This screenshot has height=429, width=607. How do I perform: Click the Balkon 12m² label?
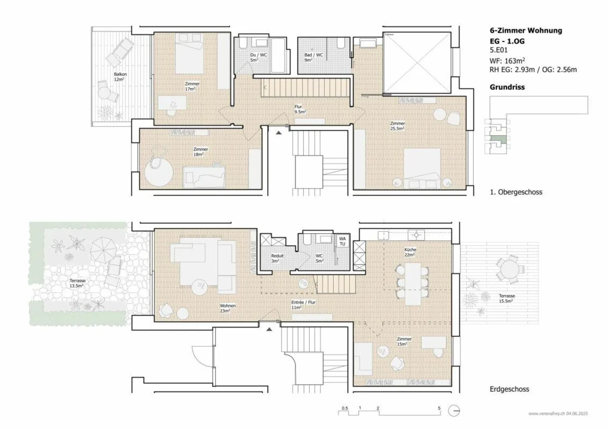click(120, 77)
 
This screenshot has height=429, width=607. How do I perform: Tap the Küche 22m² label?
click(410, 252)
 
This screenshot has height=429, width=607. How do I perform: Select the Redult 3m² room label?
click(277, 258)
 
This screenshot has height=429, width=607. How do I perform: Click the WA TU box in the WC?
click(342, 241)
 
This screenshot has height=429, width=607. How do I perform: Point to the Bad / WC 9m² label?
click(313, 57)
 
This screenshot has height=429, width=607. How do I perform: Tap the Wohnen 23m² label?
click(228, 308)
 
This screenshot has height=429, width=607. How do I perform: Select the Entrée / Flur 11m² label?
click(303, 305)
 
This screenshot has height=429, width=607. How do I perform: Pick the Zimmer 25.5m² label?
click(398, 126)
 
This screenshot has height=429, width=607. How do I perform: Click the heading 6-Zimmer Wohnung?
click(526, 30)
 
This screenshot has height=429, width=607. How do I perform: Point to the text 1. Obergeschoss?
click(516, 192)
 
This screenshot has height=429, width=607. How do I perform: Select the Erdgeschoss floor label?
click(509, 389)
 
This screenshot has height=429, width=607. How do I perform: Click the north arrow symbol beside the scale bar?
click(454, 411)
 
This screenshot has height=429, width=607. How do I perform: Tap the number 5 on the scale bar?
click(439, 408)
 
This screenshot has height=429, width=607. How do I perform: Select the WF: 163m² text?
click(507, 61)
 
